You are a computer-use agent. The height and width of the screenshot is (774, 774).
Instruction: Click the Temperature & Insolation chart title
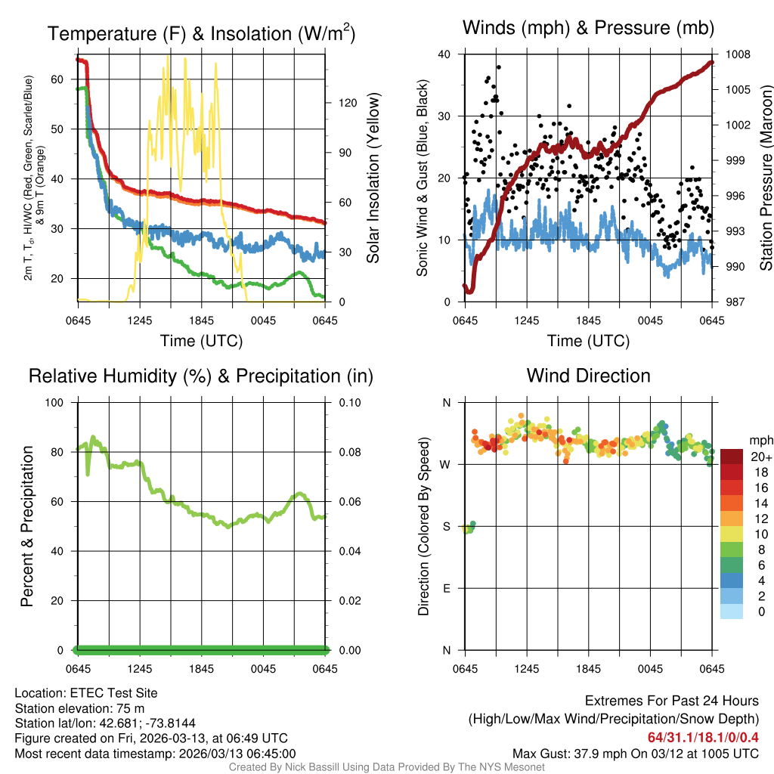point(201,34)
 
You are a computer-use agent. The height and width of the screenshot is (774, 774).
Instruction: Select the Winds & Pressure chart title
point(588,28)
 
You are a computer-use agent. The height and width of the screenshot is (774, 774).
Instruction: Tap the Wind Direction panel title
point(588,376)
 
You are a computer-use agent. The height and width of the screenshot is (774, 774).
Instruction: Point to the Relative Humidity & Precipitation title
point(201,376)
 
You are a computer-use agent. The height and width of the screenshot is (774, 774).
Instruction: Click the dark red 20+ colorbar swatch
point(732,457)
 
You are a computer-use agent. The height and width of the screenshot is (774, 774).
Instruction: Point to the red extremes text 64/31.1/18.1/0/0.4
point(703,737)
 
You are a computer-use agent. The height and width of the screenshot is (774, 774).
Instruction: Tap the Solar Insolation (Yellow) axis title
point(373,178)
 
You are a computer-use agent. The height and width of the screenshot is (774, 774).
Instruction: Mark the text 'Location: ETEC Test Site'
point(86,692)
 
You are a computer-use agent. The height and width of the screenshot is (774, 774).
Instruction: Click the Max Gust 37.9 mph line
point(635,753)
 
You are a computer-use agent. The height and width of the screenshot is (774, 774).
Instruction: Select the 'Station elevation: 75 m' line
point(80,708)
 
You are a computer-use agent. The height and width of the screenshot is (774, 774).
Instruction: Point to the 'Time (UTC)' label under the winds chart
point(588,341)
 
